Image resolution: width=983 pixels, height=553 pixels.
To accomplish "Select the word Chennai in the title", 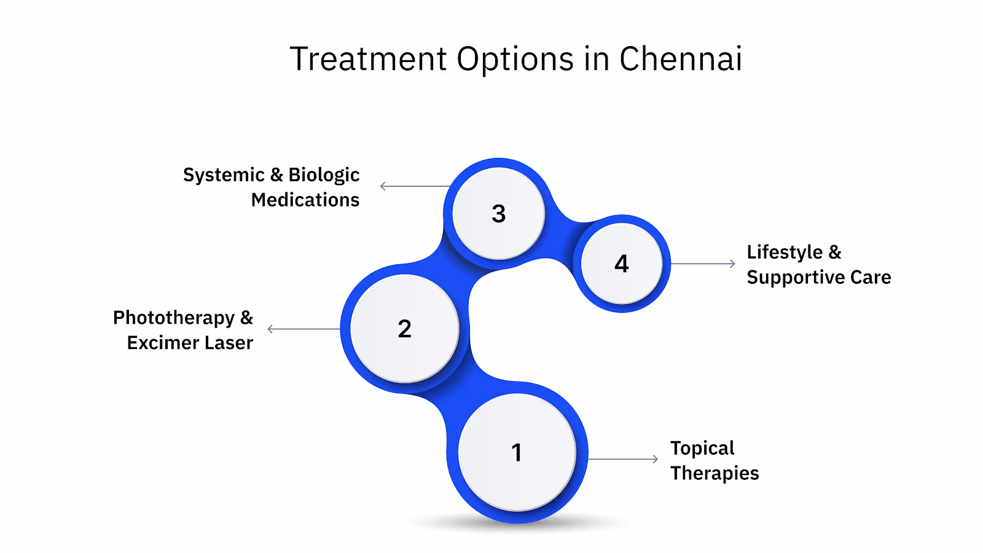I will [680, 60].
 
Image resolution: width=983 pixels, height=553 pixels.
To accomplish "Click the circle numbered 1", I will [517, 452].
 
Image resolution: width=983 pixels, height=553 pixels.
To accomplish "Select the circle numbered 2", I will [404, 329].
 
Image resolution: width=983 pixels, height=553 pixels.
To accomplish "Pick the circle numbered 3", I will [498, 213].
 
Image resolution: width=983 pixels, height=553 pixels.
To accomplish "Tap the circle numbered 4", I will [622, 264].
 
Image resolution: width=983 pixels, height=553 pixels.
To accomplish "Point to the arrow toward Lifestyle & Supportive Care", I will [703, 264].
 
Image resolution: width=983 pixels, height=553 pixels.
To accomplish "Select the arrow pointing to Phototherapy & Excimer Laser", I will [304, 329].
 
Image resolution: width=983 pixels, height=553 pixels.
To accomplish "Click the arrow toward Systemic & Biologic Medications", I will [415, 186].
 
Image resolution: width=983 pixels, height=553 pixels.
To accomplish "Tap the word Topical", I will [702, 449].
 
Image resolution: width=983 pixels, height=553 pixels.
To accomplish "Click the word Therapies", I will [715, 473].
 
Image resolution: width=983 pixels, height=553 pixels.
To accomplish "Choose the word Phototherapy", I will [174, 318].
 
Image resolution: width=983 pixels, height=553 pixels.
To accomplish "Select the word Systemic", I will [224, 175].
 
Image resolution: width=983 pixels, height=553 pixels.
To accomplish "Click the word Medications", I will [305, 200].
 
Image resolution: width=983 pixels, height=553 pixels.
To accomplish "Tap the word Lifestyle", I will [785, 253].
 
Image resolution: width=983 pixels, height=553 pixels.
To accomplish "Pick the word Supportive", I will [796, 278].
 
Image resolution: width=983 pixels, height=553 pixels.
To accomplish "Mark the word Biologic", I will [324, 175].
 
